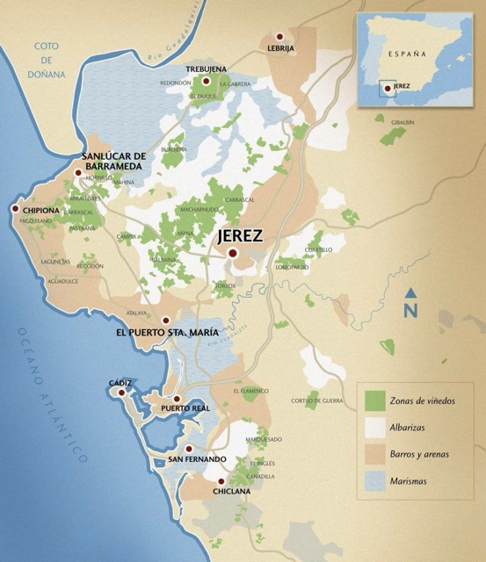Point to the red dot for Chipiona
(15, 208)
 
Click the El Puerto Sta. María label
(167, 334)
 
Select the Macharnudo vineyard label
(199, 210)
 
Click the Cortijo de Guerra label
(317, 401)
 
